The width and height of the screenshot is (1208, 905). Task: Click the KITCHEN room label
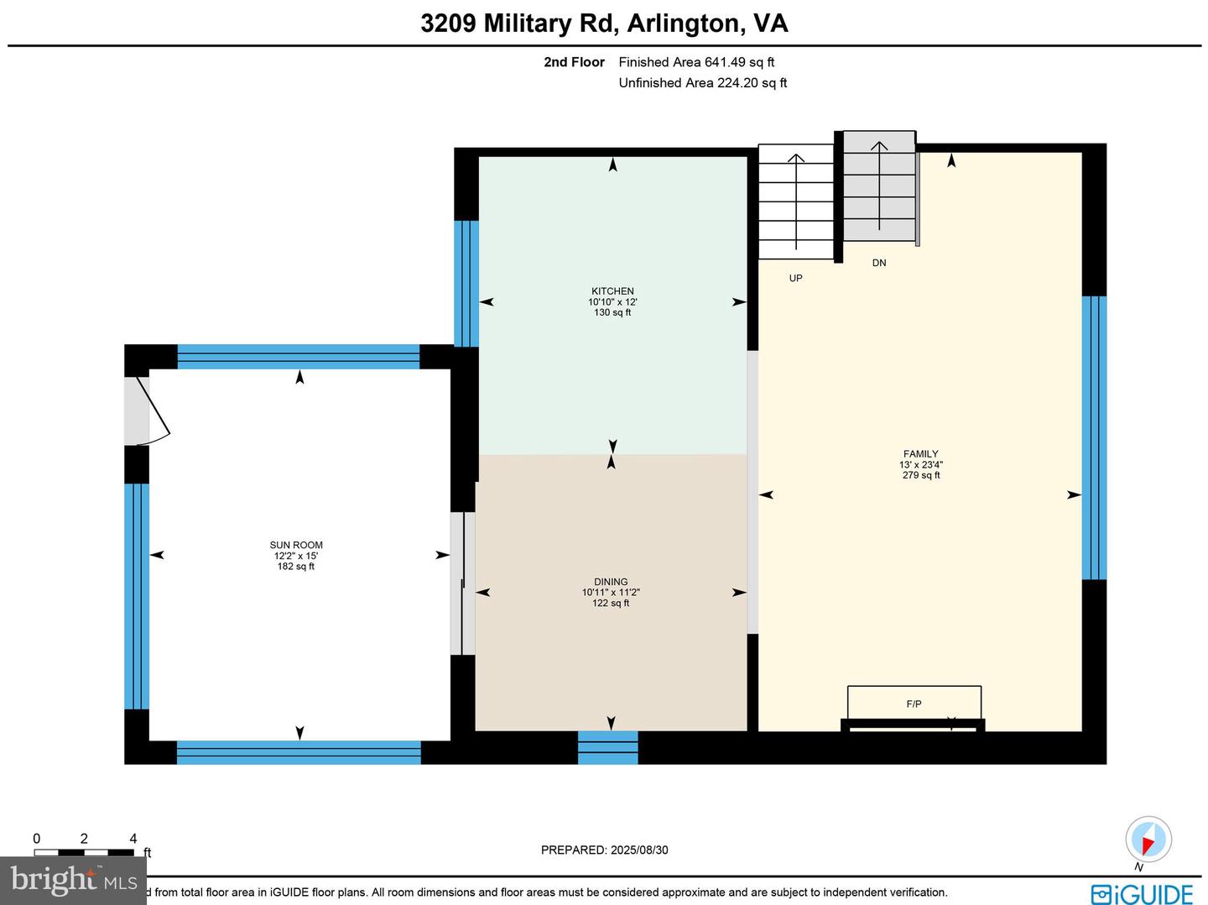point(612,291)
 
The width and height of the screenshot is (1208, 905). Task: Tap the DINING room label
point(611,582)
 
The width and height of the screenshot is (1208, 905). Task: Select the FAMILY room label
point(920,454)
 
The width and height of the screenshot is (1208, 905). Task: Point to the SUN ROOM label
point(296,545)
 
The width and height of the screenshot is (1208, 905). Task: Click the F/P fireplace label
point(914,704)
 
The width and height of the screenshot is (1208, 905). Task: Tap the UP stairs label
point(795,278)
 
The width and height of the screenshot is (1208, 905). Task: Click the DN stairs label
point(878,263)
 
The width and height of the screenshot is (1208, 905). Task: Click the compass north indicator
point(1148,839)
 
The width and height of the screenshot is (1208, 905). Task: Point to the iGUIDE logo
point(1142,893)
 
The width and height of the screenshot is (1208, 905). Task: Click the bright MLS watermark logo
point(73,880)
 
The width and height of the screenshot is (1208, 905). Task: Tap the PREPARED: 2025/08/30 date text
point(604,850)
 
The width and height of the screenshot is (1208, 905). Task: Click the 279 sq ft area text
point(920,475)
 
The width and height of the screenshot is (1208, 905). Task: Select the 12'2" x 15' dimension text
point(296,556)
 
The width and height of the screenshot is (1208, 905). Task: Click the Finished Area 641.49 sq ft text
point(696,62)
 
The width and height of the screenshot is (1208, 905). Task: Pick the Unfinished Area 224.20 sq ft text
point(702,82)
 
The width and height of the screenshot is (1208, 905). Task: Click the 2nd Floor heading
point(574,62)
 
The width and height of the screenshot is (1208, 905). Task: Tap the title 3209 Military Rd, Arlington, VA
point(604,23)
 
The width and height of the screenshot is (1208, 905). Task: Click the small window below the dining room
point(607,747)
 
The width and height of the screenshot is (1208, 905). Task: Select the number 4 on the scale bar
point(133,839)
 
